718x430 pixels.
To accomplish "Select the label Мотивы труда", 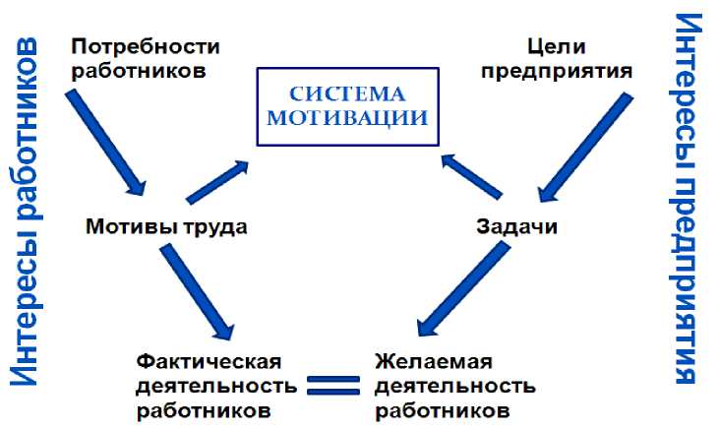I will click(166, 226).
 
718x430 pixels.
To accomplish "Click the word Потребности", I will click(147, 46).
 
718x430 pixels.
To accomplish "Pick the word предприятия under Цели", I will click(563, 70).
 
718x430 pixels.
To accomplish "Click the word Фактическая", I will click(209, 360).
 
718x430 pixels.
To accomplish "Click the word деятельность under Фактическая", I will click(213, 384).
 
